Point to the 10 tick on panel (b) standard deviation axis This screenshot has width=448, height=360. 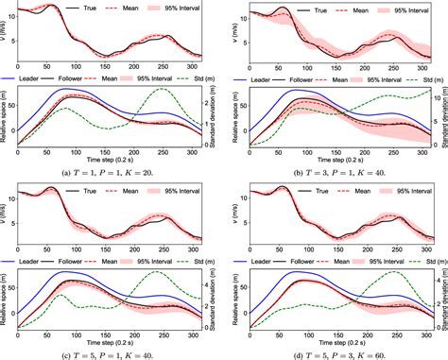tap(430, 95)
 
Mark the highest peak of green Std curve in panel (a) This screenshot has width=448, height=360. tap(162, 90)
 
